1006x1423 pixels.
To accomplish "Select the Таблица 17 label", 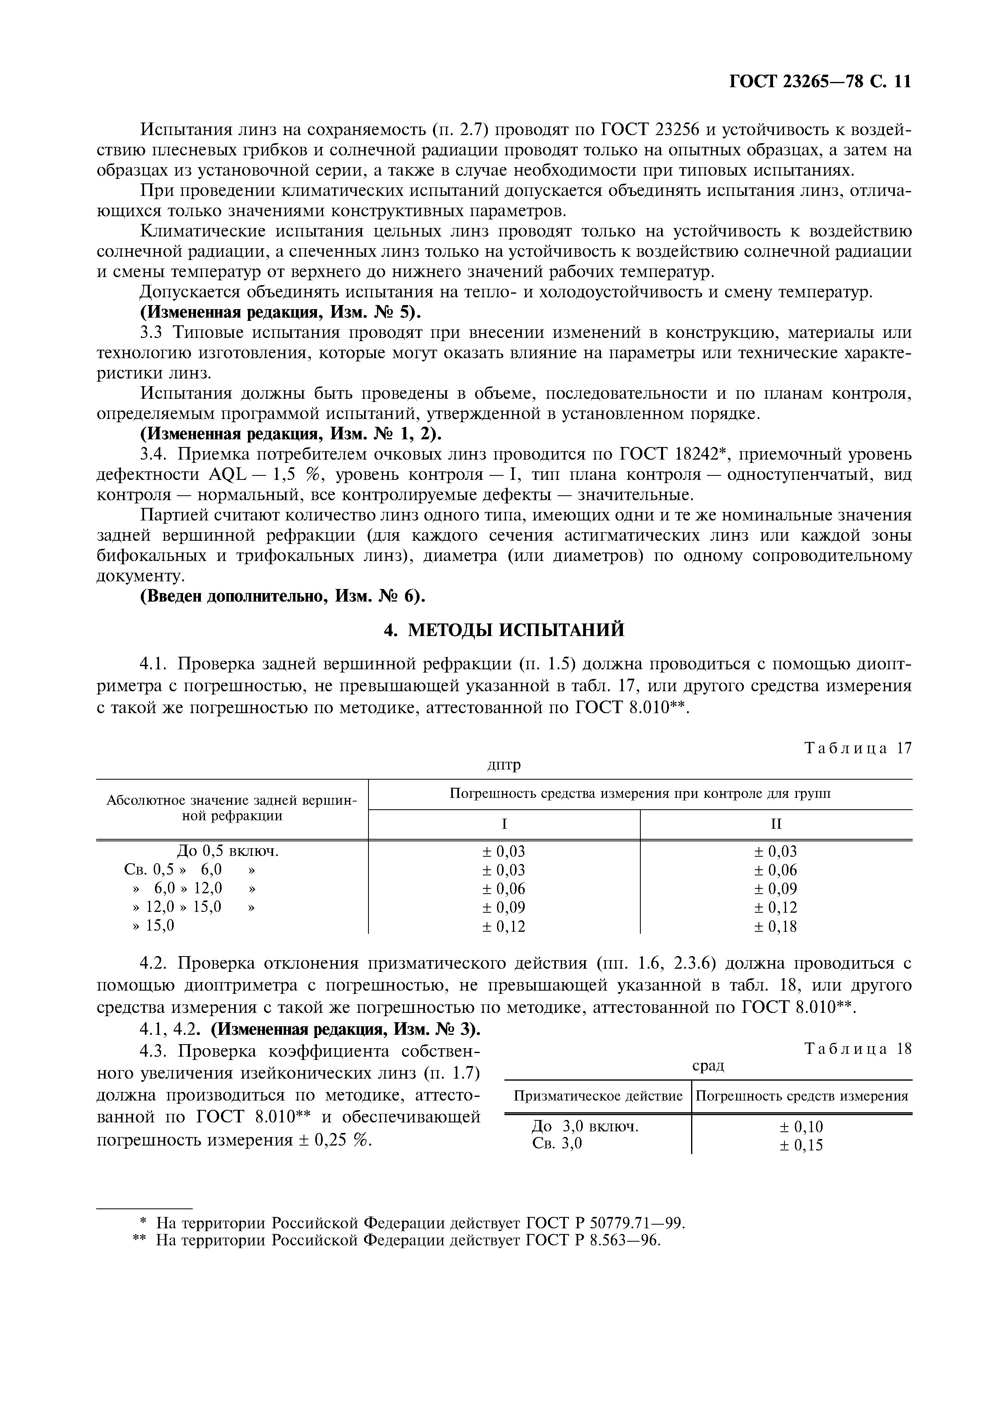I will (x=858, y=748).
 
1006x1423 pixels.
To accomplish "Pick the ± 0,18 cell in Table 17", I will (x=776, y=926).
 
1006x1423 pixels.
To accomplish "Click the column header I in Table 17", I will (x=504, y=824).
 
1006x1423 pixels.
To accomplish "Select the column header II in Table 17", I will (x=776, y=824).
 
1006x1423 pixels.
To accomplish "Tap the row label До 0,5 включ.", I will (x=228, y=851).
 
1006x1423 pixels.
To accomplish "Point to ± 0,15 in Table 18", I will (x=801, y=1145).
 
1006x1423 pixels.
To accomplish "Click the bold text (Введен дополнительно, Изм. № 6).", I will (x=283, y=596).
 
